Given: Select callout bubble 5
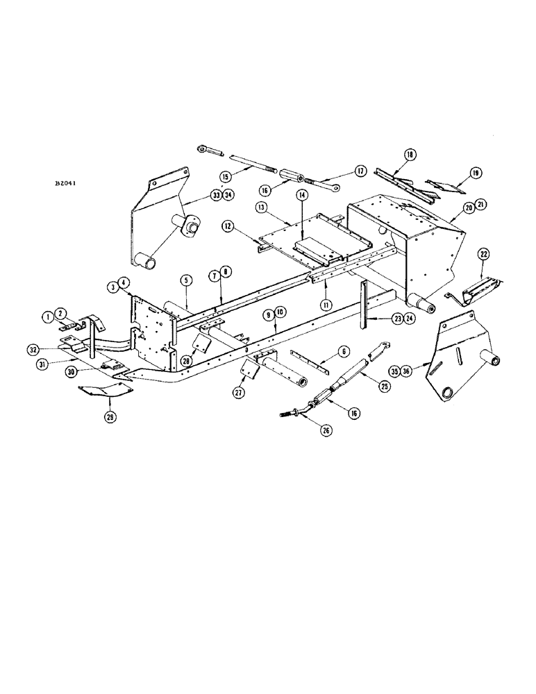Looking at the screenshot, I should (186, 280).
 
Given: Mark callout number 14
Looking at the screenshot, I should (303, 196).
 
